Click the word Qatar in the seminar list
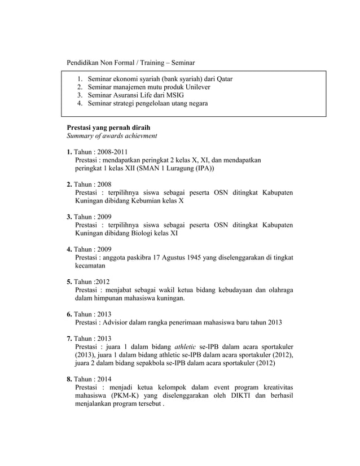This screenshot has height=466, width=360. pos(222,79)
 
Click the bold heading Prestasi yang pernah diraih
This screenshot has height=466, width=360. pos(108,128)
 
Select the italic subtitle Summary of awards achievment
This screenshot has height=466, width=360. pos(112,136)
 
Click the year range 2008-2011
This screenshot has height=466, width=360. pos(113,152)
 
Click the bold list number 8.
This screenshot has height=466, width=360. pos(69,380)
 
